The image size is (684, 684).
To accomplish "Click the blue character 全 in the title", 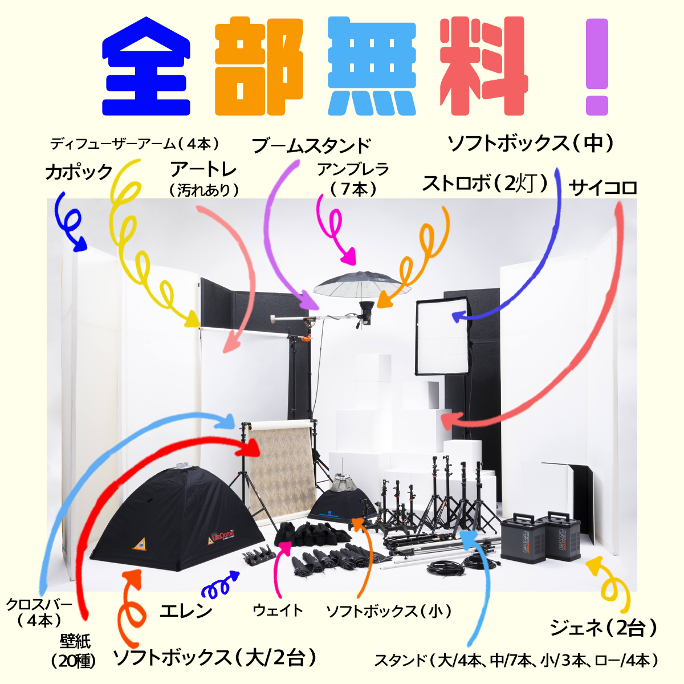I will [146, 67].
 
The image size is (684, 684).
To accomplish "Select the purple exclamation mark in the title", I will [597, 67].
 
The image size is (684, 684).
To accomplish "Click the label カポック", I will [79, 172].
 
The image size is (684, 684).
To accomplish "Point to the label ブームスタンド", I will [311, 146].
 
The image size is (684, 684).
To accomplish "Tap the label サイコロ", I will [602, 187].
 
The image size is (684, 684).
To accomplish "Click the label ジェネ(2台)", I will [603, 628].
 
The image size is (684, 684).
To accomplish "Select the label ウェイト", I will [278, 610].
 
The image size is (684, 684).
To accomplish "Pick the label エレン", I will [186, 610].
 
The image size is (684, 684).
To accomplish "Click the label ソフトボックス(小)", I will [389, 611].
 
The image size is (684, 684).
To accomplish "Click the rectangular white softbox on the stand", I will [442, 336].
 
